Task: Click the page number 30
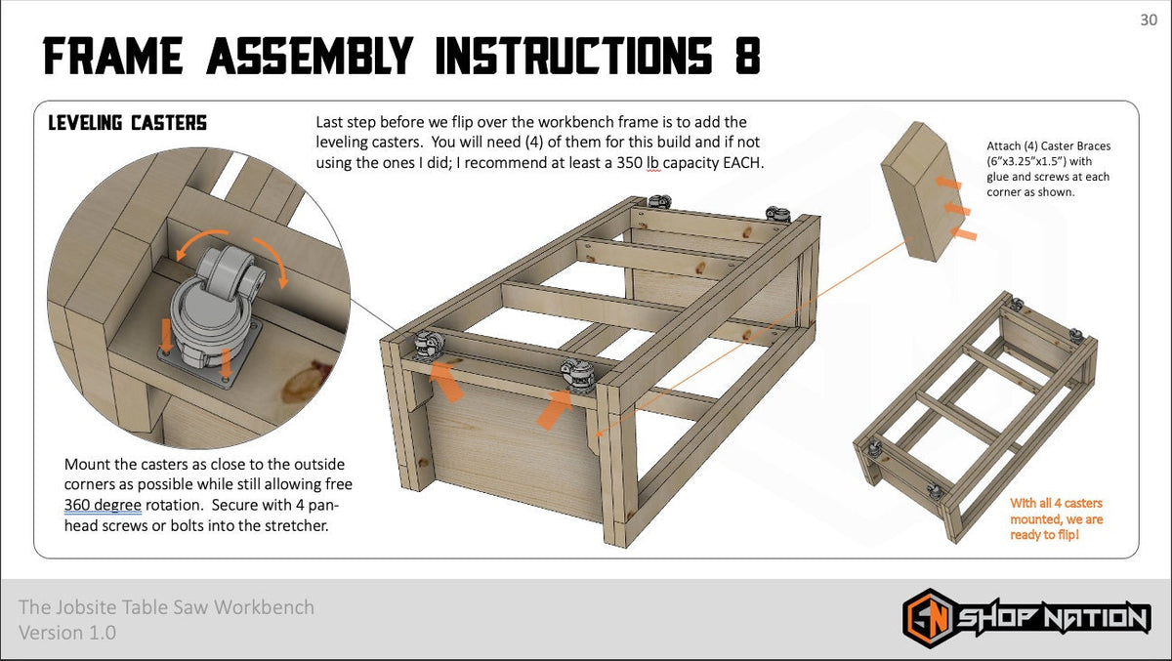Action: click(1149, 21)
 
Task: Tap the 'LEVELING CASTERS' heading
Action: click(127, 123)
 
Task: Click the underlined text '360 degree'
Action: click(103, 506)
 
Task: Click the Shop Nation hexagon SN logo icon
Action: click(925, 617)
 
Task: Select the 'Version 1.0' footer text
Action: click(67, 633)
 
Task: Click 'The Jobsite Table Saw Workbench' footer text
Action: click(166, 607)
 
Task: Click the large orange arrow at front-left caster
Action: click(447, 380)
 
